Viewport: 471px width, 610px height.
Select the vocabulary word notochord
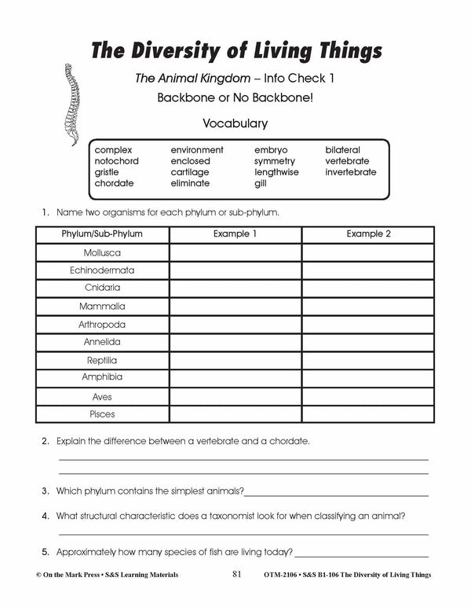(x=116, y=160)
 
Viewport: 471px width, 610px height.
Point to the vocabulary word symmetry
(x=274, y=160)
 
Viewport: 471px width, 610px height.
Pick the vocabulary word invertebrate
(x=351, y=171)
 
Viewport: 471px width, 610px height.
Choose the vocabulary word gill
(x=261, y=183)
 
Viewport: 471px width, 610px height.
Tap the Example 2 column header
(x=369, y=234)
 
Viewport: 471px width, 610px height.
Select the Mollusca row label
(x=102, y=252)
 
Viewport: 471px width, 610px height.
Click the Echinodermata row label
(x=102, y=270)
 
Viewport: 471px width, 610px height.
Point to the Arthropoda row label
(x=102, y=324)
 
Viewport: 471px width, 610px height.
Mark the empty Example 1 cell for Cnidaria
(x=235, y=288)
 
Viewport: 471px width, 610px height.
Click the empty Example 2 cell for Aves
(x=369, y=396)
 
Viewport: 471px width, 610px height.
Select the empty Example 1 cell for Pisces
(x=235, y=413)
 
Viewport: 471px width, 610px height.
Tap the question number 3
(x=46, y=491)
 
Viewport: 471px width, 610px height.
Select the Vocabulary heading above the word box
(x=235, y=123)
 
